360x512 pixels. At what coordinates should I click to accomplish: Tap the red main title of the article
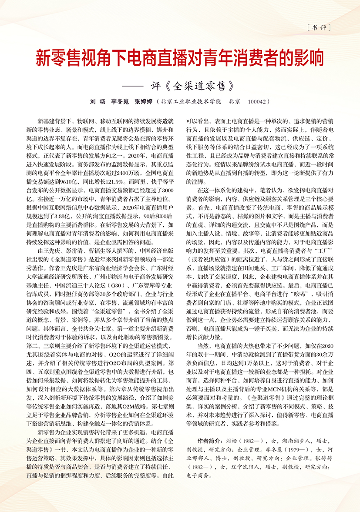(x=180, y=57)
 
